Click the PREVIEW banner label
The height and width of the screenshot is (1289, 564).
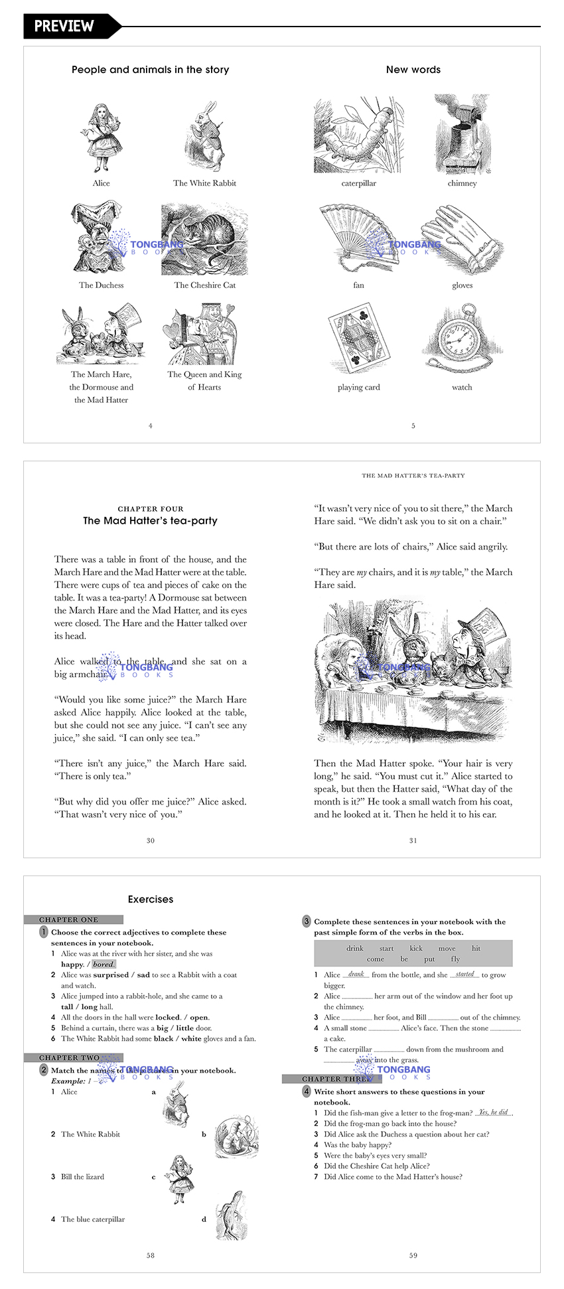coord(64,26)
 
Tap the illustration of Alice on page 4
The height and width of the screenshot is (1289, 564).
coord(101,138)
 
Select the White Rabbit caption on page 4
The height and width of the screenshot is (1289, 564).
coord(204,183)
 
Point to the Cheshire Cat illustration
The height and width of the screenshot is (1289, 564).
coord(204,240)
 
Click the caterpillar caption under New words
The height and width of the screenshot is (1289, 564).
coord(358,183)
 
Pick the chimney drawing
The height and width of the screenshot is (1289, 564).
coord(462,135)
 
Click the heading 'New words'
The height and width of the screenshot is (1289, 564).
coord(413,70)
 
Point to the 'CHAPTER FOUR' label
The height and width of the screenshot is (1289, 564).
coord(151,509)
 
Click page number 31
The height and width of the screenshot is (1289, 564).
coord(413,840)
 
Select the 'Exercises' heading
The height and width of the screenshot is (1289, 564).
coord(151,899)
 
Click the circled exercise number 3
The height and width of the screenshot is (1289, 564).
coord(307,921)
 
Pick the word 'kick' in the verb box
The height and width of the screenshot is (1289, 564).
coord(416,948)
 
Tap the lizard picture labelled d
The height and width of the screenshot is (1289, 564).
coord(231,1216)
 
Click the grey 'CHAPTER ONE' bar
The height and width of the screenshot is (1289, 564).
coord(73,920)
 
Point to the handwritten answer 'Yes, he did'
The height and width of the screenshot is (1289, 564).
coord(494,1112)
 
